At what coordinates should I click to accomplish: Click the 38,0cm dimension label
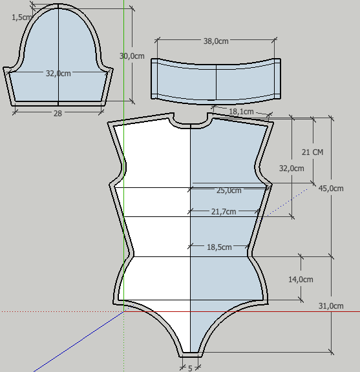point(216,41)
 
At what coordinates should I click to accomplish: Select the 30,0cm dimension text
point(132,56)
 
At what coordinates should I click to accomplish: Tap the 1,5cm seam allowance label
point(21,17)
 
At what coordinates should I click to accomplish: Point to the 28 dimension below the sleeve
point(58,114)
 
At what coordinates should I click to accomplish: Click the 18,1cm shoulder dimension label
point(241,111)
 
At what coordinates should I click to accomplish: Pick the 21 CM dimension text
point(312,152)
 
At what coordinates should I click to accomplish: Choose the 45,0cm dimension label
point(331,189)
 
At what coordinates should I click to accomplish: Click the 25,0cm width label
point(229,191)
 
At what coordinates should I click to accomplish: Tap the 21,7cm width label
point(224,211)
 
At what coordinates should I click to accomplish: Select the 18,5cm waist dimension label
point(219,247)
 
